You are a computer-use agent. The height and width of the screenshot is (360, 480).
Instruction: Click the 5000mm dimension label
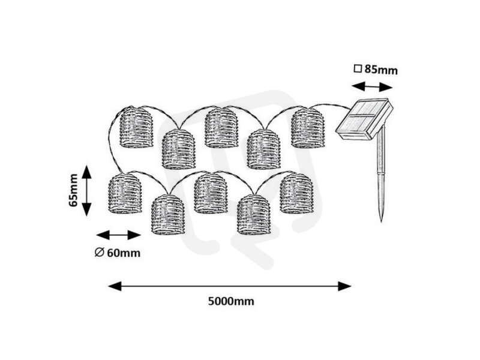click(x=231, y=301)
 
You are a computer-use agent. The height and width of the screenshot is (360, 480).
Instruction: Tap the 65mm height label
click(x=73, y=190)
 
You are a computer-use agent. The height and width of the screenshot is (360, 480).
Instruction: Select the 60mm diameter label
click(x=124, y=253)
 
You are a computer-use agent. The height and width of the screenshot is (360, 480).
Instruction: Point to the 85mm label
click(x=381, y=70)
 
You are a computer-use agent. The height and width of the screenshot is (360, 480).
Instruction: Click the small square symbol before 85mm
click(x=358, y=68)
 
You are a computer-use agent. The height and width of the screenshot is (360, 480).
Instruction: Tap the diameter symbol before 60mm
click(x=99, y=253)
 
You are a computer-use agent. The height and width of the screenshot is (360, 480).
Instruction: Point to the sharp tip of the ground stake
click(x=382, y=221)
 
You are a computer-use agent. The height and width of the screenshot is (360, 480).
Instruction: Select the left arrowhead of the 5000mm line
click(x=115, y=286)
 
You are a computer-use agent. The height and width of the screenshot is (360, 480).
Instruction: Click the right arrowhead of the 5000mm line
click(x=344, y=286)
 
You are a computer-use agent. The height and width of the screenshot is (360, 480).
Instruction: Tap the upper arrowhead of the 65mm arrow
click(x=87, y=172)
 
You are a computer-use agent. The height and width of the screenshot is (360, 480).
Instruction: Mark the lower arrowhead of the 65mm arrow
click(x=87, y=209)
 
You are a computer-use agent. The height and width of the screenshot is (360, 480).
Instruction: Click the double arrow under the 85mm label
click(x=372, y=86)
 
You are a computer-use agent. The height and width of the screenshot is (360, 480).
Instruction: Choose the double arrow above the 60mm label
click(x=118, y=235)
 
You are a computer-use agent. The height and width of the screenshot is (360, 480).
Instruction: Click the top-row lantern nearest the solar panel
click(x=308, y=128)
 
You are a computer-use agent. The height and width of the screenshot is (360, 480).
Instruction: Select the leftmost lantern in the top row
click(x=136, y=127)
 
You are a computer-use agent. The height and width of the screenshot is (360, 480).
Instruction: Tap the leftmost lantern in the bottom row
click(x=125, y=193)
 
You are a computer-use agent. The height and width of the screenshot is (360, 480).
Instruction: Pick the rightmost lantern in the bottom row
click(x=296, y=193)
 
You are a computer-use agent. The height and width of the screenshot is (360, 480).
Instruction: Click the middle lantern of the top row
click(x=221, y=128)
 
